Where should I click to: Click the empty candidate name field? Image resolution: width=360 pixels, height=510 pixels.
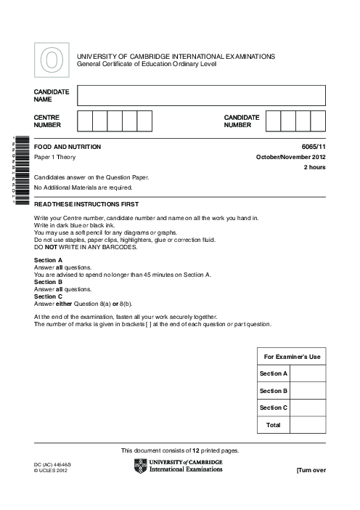(x=201, y=96)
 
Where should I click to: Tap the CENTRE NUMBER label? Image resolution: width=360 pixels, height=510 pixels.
(x=46, y=120)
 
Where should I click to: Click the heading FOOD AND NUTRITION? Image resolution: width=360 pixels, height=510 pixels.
(x=67, y=147)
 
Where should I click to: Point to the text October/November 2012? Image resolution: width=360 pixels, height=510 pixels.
(x=290, y=157)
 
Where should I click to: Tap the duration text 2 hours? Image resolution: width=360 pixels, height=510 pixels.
(x=314, y=168)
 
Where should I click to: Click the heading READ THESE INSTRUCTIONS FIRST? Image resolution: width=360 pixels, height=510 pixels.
(x=86, y=204)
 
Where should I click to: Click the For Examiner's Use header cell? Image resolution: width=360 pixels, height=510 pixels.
(x=292, y=357)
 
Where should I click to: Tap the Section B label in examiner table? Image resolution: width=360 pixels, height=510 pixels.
(x=274, y=390)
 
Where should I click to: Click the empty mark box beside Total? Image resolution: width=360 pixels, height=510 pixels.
(x=308, y=424)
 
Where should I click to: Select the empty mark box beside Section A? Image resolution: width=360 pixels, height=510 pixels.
(x=308, y=373)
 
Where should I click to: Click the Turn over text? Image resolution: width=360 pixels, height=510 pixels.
(x=311, y=470)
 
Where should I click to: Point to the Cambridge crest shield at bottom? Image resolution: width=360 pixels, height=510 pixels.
(x=140, y=466)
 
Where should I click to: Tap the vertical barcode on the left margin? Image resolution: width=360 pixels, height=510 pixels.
(x=20, y=171)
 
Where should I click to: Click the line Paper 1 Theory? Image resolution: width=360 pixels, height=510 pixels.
(x=54, y=157)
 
